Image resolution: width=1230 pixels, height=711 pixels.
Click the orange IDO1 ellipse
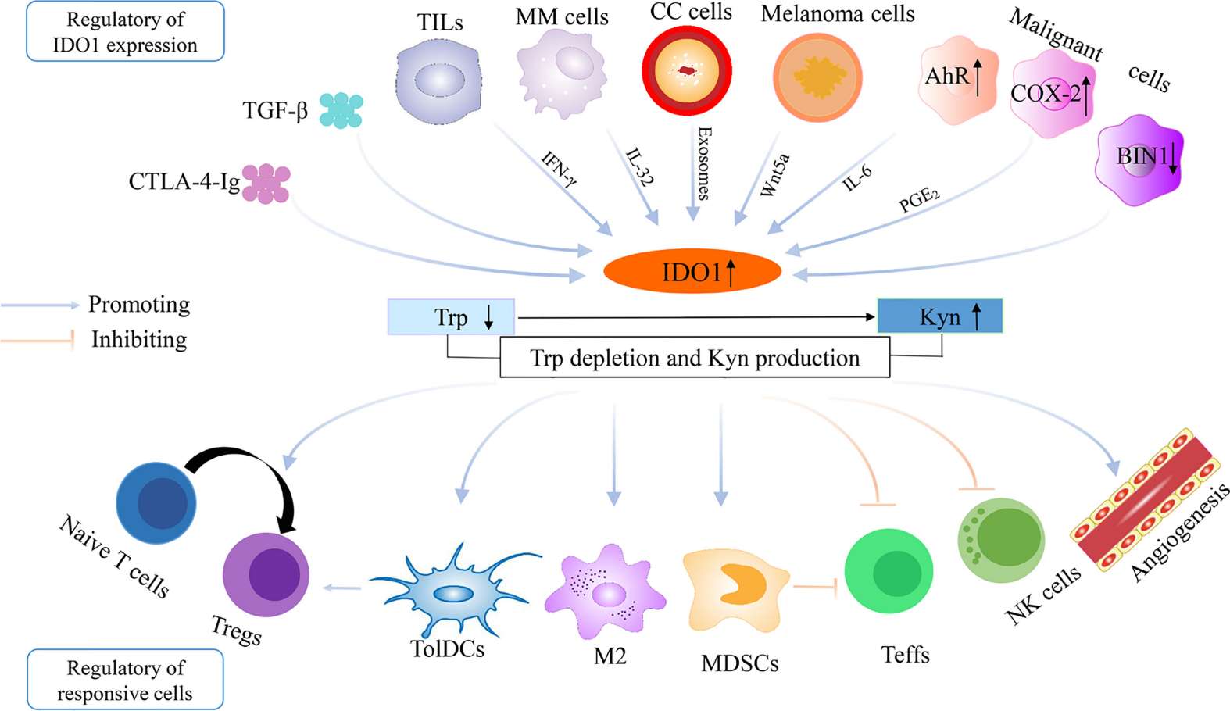click(x=692, y=272)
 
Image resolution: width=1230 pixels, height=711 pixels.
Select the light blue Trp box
click(x=451, y=317)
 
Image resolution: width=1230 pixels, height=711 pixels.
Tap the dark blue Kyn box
click(x=939, y=316)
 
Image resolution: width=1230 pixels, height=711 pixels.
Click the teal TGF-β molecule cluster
click(x=341, y=110)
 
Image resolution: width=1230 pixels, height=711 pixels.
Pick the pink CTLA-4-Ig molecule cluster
click(x=266, y=184)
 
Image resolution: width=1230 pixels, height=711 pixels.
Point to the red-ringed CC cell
click(x=687, y=71)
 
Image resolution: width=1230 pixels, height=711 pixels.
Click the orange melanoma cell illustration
click(x=817, y=77)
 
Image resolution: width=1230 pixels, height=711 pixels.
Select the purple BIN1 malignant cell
click(x=1139, y=159)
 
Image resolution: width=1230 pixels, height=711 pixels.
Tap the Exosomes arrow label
click(x=703, y=163)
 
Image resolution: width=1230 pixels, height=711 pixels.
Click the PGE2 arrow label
click(x=918, y=199)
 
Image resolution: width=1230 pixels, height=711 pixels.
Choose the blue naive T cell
click(x=156, y=502)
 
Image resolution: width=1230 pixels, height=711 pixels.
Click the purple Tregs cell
click(x=266, y=574)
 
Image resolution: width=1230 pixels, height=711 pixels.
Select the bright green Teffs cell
click(x=889, y=572)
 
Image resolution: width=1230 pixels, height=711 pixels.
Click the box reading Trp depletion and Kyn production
click(x=695, y=358)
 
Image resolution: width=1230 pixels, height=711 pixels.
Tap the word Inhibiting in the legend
click(x=139, y=339)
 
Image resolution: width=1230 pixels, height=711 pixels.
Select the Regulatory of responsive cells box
click(x=125, y=680)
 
